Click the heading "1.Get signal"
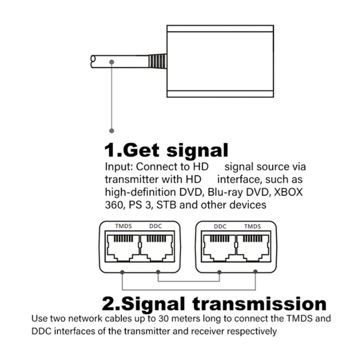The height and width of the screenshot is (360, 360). tap(167, 150)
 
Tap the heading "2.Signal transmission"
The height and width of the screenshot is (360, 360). tap(214, 303)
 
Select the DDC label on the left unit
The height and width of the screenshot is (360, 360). tap(155, 226)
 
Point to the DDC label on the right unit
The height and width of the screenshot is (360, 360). tap(219, 226)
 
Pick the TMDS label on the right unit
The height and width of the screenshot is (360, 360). tap(253, 226)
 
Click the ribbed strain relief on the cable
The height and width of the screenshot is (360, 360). tap(157, 61)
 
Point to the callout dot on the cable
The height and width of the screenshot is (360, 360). tap(111, 62)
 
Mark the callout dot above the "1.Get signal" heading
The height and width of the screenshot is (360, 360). tap(112, 131)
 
